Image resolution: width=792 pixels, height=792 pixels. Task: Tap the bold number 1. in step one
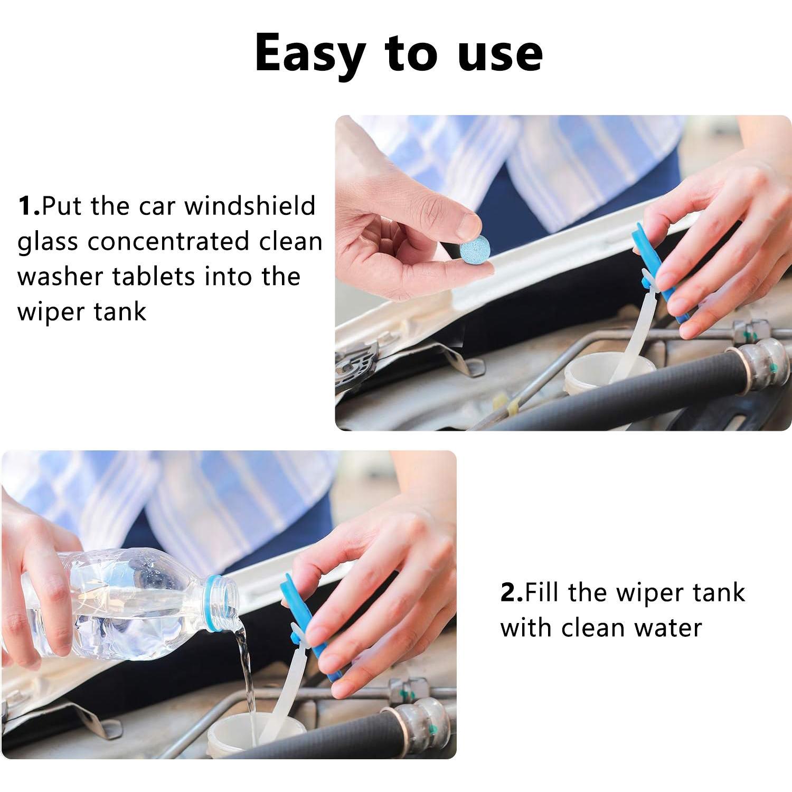click(29, 206)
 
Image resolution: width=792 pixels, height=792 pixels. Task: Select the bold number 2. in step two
click(512, 592)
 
